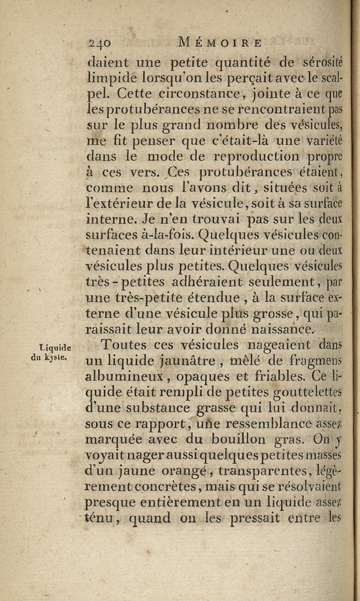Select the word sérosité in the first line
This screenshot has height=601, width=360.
pos(329,59)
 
